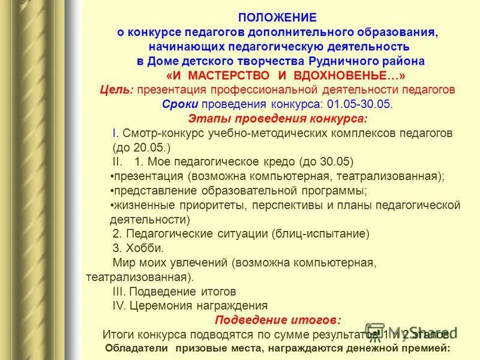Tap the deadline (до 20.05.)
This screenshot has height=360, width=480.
coord(142,148)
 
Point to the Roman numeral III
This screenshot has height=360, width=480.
coord(119,292)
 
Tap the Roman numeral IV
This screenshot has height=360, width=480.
coord(119,305)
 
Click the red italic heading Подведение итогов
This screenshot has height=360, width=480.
coord(278,319)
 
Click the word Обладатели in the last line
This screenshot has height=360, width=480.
coord(136,347)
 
